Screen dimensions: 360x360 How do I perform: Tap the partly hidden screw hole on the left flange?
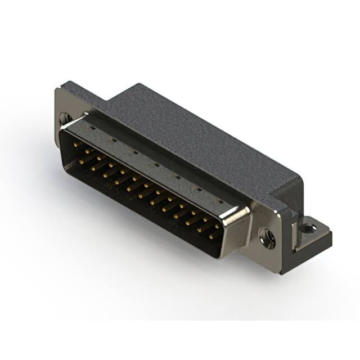(x=65, y=119)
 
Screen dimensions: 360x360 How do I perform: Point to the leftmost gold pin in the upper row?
(x=76, y=144)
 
